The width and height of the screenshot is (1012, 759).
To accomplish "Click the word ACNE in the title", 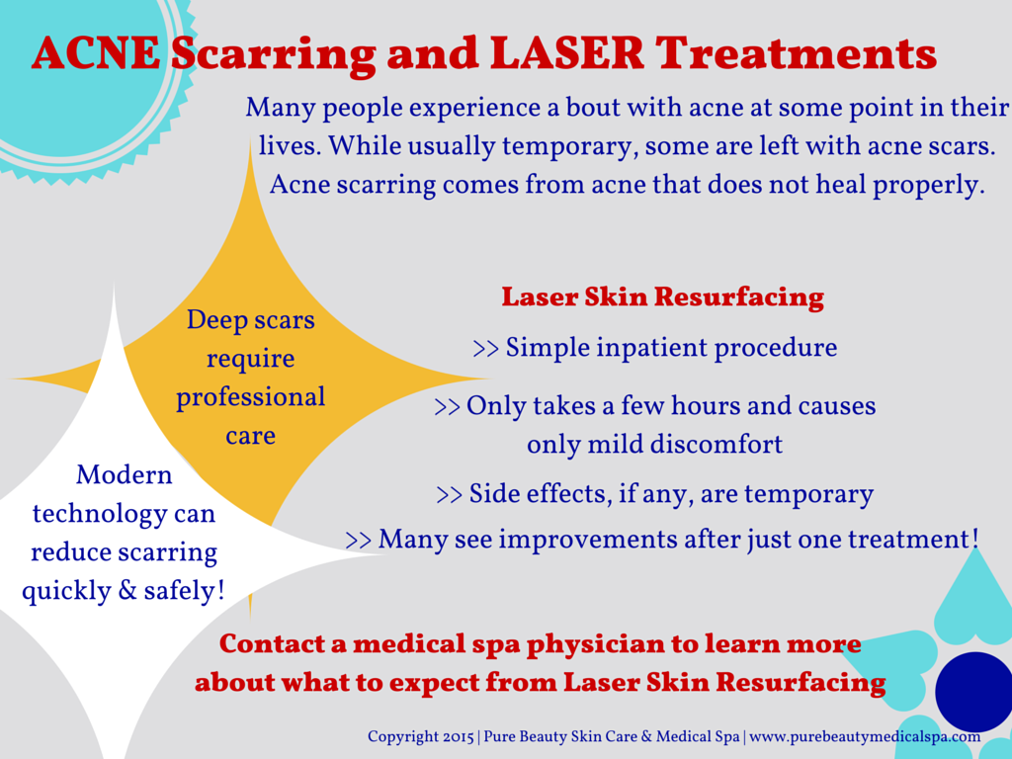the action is (96, 53).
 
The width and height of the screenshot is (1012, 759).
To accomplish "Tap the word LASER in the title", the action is (566, 53).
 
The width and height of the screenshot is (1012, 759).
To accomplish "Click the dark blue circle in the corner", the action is (974, 691).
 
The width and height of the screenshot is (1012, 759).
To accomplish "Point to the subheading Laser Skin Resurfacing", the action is (663, 296).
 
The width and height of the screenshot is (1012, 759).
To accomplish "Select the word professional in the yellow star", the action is (250, 398).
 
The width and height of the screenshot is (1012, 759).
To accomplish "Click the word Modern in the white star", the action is (124, 475).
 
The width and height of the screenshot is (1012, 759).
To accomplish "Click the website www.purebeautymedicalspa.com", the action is (865, 737).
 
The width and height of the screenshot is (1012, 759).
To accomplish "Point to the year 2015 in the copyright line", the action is (458, 737).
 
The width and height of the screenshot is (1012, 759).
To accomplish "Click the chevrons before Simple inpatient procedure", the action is (486, 349).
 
